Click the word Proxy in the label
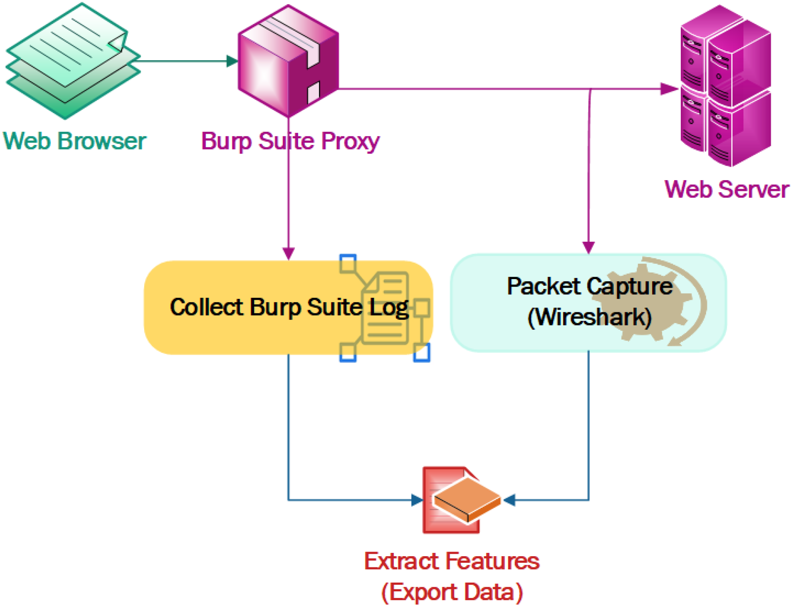(350, 142)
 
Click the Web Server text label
(726, 190)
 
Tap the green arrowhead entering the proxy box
(232, 61)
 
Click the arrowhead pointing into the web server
(668, 89)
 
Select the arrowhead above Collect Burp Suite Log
(288, 253)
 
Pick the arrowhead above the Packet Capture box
(588, 247)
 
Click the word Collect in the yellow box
(206, 307)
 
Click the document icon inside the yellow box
(385, 309)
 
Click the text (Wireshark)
(589, 317)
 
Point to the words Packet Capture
(589, 286)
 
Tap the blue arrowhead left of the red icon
(416, 500)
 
